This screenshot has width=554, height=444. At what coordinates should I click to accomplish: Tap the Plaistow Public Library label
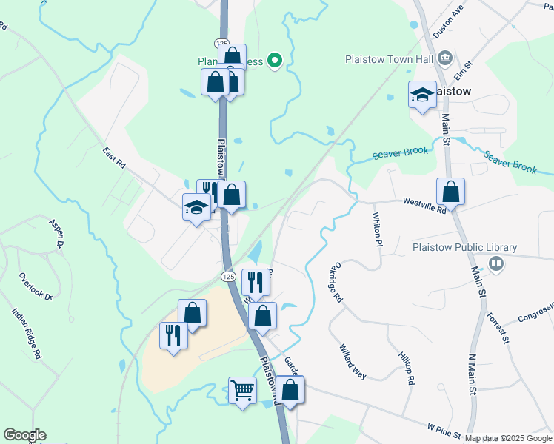(464, 248)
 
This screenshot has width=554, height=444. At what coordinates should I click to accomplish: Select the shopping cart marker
(243, 389)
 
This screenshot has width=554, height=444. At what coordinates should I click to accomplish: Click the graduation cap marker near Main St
(422, 95)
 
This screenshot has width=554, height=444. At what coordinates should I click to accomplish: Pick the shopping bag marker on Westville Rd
(450, 192)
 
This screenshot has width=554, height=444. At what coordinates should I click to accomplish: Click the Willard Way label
(353, 361)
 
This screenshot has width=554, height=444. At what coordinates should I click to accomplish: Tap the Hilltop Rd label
(405, 369)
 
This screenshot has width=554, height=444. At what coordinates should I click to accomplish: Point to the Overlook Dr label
(36, 286)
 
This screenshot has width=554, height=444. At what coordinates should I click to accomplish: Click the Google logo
(24, 435)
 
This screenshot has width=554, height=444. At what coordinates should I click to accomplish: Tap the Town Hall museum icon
(446, 58)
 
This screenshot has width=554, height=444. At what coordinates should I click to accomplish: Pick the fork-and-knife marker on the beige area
(173, 337)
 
